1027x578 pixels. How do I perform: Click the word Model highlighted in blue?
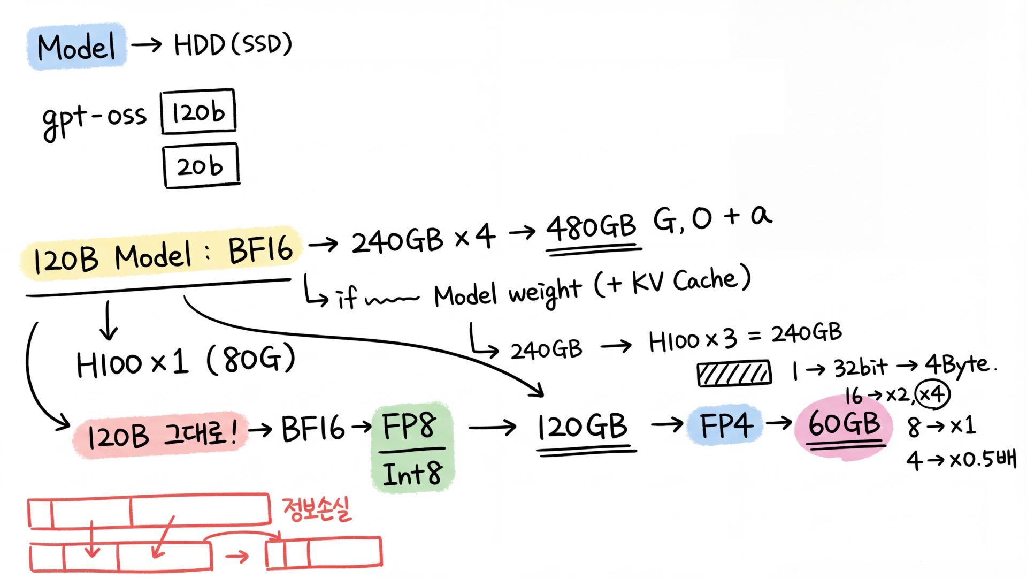76,47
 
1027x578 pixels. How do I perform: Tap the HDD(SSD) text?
233,45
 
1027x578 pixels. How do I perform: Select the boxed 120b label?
198,112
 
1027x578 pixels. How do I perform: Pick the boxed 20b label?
201,166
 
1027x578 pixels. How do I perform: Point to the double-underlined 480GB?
591,227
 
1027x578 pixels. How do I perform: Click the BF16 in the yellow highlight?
260,250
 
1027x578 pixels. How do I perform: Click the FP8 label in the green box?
409,425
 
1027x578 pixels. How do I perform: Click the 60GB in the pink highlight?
844,424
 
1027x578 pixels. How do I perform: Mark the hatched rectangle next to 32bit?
734,373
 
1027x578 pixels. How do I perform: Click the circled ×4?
932,395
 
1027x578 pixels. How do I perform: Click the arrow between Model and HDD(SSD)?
147,45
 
